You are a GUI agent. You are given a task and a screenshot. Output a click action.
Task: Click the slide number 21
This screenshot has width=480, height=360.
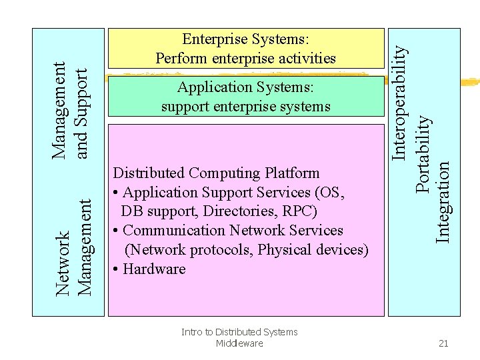click(443, 343)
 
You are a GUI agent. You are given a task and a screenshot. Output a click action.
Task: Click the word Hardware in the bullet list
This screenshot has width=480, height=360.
click(154, 269)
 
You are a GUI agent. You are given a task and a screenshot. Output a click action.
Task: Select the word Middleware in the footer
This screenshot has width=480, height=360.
click(239, 343)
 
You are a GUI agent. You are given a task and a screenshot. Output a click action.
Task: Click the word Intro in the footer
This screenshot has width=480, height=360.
click(192, 332)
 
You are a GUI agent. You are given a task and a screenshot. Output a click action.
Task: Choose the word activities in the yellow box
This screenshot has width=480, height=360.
click(305, 59)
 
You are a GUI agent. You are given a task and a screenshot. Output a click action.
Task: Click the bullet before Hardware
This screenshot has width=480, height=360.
click(117, 269)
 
